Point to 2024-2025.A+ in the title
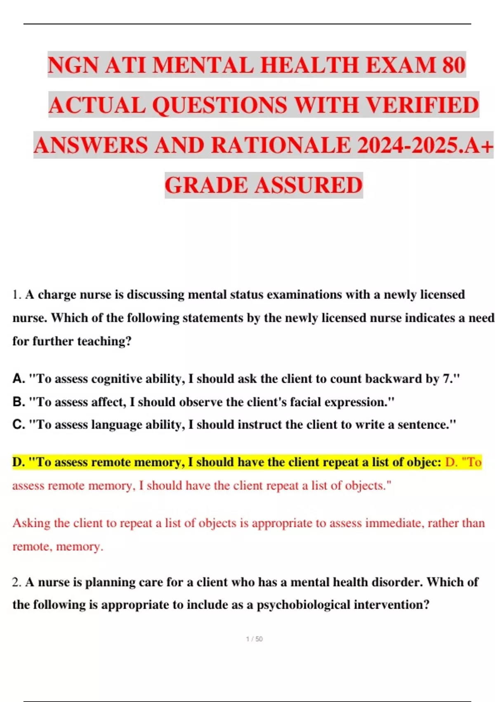tap(425, 145)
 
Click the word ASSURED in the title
tap(308, 185)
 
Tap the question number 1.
tap(16, 295)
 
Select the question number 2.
tap(16, 582)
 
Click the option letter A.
tap(19, 379)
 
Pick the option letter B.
tap(19, 402)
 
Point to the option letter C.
tap(19, 425)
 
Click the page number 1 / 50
tap(254, 639)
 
